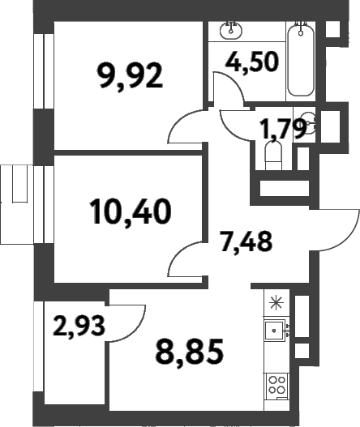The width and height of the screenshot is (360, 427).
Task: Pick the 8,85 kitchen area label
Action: [x=187, y=352]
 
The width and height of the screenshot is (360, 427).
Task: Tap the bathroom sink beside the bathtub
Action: [x=232, y=31]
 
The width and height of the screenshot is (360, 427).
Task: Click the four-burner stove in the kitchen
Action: [x=276, y=383]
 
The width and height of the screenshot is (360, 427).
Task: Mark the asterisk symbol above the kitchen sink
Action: [x=276, y=303]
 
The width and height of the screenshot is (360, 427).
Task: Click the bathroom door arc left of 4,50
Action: [x=228, y=85]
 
